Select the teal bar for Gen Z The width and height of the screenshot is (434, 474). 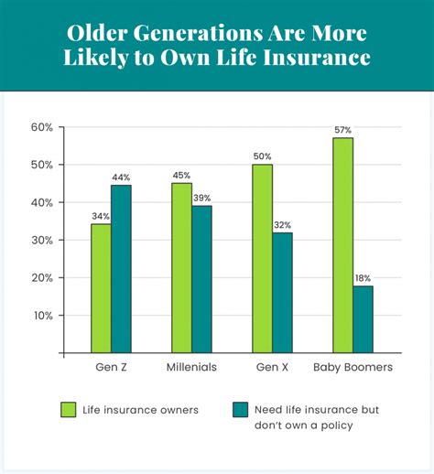[121, 269]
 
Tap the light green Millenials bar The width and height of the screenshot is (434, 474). [181, 267]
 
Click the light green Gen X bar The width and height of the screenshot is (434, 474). [262, 258]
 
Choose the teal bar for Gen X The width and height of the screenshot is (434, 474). [282, 292]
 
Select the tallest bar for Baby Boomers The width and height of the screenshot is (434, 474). [342, 245]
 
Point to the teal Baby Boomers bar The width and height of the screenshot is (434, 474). [363, 318]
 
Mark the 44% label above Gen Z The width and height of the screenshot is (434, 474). [121, 176]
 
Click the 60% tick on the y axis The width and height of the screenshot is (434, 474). [42, 127]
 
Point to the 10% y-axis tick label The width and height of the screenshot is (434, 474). [42, 316]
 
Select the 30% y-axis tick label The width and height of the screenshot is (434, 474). [42, 240]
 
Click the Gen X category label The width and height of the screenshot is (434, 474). [272, 368]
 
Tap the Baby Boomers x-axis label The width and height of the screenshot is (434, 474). [353, 368]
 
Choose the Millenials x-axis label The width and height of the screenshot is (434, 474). [191, 368]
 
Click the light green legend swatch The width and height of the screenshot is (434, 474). [68, 408]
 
